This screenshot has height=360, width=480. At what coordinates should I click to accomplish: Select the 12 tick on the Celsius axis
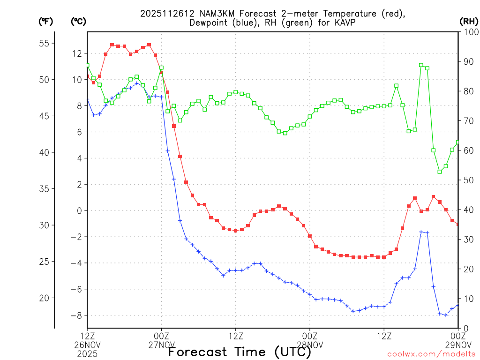(76, 53)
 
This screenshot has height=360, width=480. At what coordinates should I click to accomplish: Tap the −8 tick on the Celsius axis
(75, 315)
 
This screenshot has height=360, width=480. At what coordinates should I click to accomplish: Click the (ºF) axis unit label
(45, 21)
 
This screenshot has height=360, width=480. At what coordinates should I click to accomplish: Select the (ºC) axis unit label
(78, 21)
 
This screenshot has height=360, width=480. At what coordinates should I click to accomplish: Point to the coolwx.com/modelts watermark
(431, 354)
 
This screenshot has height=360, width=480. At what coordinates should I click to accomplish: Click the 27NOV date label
(162, 345)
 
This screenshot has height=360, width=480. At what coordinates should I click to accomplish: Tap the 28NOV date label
(310, 345)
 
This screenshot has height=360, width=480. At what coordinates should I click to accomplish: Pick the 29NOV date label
(458, 345)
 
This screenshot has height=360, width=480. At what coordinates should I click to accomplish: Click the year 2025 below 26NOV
(88, 354)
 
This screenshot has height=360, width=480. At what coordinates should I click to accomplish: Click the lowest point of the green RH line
(440, 172)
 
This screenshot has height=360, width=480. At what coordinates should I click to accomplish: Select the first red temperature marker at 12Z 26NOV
(87, 76)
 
